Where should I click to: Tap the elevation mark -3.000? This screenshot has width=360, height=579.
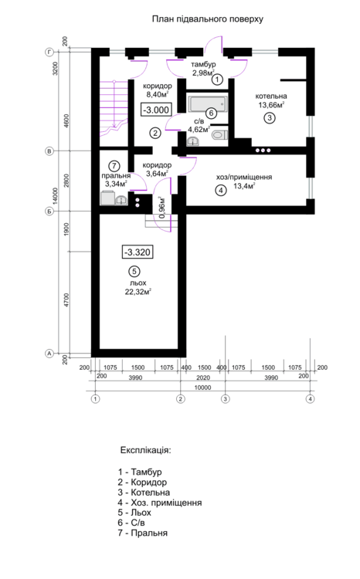tap(155, 110)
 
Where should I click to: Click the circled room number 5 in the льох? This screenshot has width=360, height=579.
tap(134, 271)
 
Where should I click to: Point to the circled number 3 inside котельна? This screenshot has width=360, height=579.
tap(268, 118)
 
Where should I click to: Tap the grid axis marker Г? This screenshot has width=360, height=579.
tap(49, 52)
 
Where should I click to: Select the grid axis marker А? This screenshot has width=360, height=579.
tap(49, 353)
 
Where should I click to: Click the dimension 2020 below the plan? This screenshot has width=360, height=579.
tap(203, 378)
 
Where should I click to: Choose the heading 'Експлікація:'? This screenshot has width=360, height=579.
tap(145, 449)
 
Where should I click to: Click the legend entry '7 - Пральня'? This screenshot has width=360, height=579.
tap(143, 533)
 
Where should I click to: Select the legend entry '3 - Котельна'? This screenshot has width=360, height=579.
tap(144, 492)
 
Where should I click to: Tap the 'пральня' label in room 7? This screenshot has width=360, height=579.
tap(114, 175)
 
